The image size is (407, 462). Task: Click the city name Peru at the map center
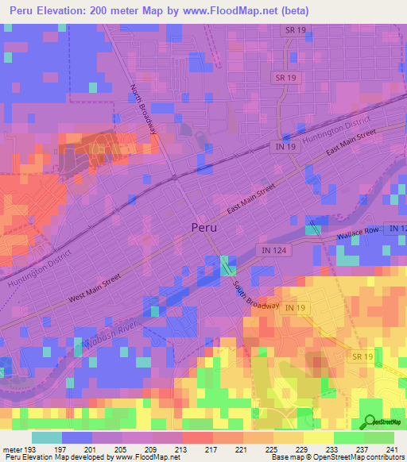[x=204, y=226]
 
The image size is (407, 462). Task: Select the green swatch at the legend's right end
[x=378, y=437]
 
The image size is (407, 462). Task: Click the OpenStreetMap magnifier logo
[x=369, y=422]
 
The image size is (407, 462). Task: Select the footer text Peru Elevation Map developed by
[x=47, y=457]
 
